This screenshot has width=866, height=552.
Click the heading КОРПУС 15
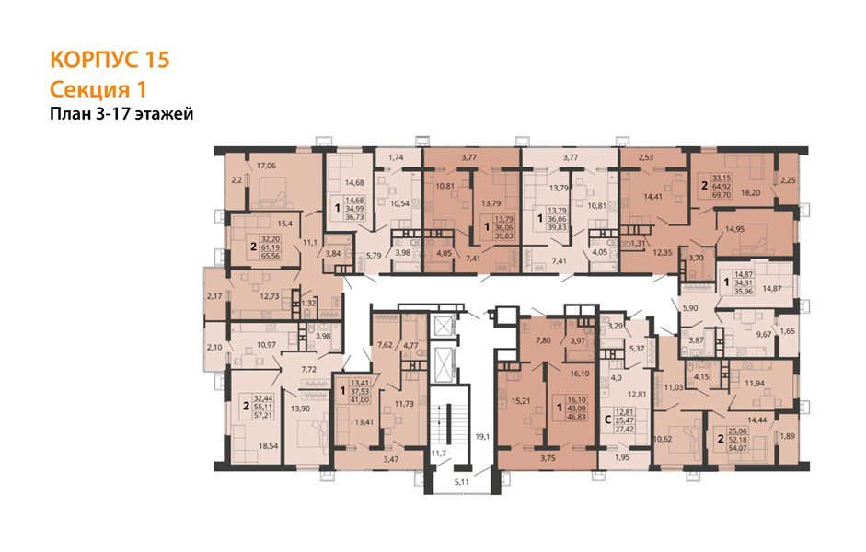point(110,61)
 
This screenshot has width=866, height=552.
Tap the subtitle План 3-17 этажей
point(121,114)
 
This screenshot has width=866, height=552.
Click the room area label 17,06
point(267,167)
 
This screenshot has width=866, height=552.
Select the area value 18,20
point(752,194)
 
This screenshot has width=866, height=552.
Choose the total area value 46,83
point(577,416)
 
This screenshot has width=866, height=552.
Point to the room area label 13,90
point(300,408)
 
